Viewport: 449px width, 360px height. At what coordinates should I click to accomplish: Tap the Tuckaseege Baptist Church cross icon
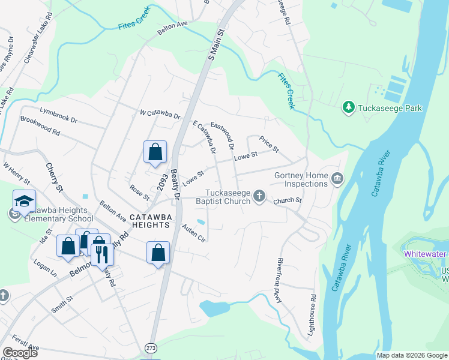pos(259,196)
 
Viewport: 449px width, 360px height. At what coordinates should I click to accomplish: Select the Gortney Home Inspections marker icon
pos(337,178)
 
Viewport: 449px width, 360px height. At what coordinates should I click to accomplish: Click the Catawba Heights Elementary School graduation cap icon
pos(24,202)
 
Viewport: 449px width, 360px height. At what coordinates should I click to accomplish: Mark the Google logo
pos(20,353)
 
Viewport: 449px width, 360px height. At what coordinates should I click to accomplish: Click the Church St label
pos(287,200)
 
